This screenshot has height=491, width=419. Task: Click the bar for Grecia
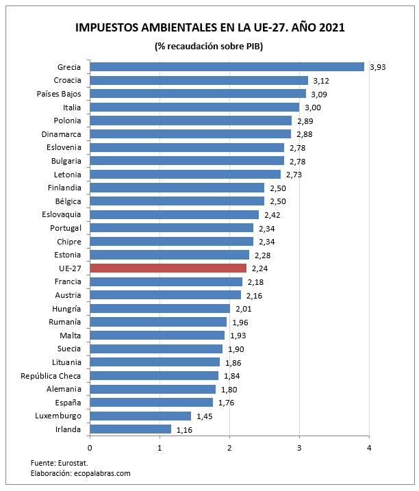[x=227, y=67]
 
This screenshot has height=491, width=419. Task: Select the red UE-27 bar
[x=168, y=268]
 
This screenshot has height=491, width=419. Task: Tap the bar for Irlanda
[x=130, y=429]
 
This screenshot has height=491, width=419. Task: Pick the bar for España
[x=151, y=403]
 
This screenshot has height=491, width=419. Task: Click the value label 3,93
[x=378, y=67]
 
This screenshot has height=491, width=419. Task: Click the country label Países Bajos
[x=58, y=94]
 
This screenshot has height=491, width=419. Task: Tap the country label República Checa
[x=51, y=376]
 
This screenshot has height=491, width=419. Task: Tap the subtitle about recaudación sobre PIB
[x=209, y=46]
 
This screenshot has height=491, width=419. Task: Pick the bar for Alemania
[x=153, y=389]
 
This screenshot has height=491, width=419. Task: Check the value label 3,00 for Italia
[x=313, y=108]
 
